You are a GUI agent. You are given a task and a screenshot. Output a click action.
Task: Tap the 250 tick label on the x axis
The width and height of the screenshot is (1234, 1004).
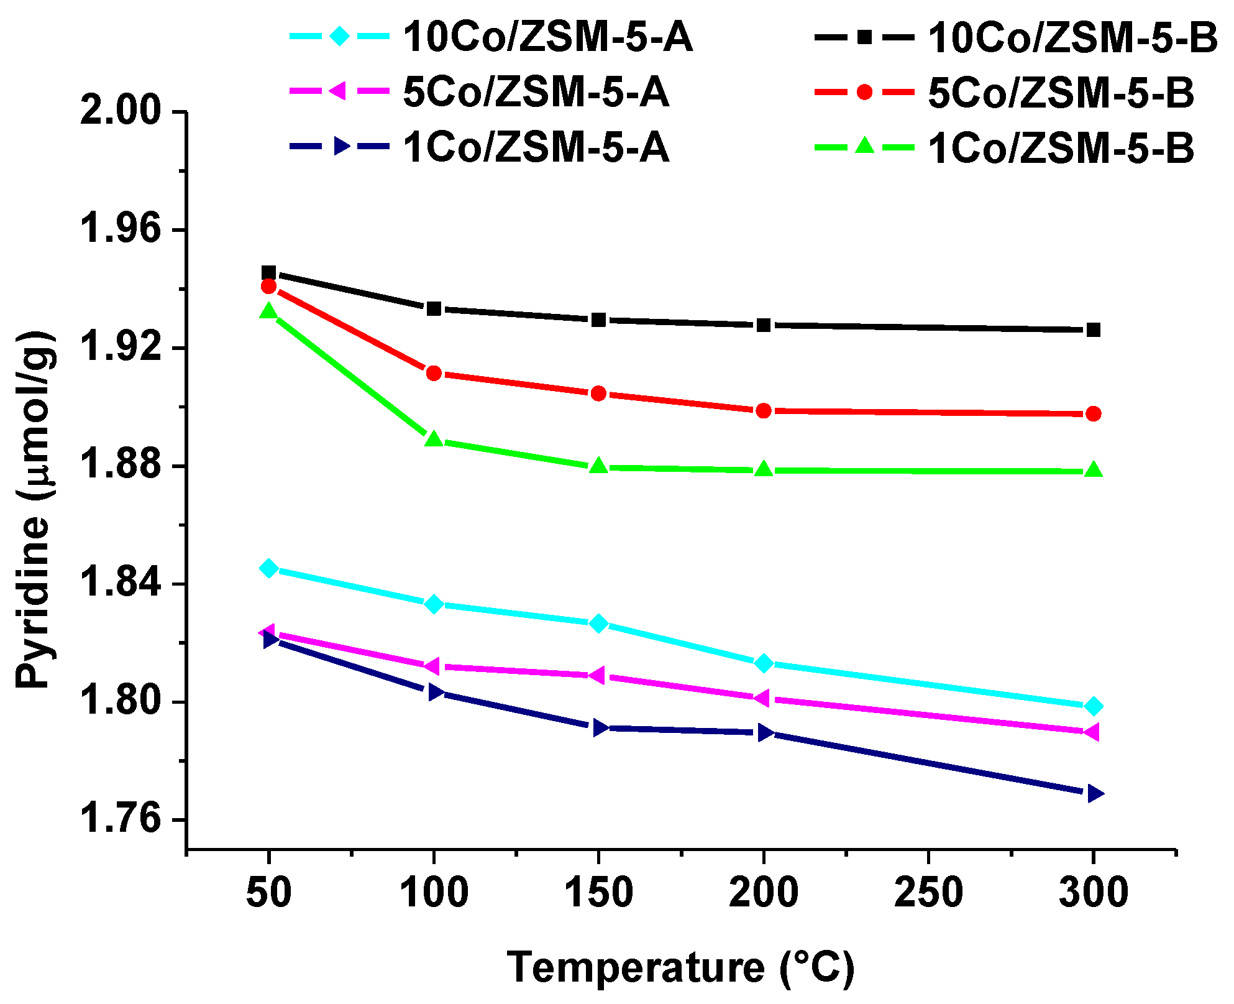click(x=928, y=893)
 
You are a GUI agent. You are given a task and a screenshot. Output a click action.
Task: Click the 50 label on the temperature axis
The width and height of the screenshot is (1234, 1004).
click(x=268, y=893)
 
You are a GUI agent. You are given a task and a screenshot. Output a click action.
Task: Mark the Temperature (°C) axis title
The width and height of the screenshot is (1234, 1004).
click(x=681, y=968)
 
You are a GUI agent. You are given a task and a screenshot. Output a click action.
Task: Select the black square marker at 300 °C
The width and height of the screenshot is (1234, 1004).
click(x=1094, y=330)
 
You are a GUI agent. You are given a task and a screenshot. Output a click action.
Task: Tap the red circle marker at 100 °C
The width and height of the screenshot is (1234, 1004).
click(x=434, y=373)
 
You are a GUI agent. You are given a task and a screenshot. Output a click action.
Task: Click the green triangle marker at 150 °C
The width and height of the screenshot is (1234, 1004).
click(x=598, y=466)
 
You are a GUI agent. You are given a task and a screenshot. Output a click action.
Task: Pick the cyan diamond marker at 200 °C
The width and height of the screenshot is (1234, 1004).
click(x=764, y=663)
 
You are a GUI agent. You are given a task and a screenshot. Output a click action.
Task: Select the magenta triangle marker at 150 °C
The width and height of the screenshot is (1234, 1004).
click(x=598, y=675)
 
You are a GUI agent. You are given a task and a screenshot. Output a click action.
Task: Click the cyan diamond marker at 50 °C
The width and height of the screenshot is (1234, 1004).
click(x=268, y=568)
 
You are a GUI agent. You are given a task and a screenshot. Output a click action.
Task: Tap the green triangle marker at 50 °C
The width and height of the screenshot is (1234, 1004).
click(x=268, y=311)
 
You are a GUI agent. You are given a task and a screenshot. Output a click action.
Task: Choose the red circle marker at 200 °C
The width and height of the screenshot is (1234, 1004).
click(x=764, y=410)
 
